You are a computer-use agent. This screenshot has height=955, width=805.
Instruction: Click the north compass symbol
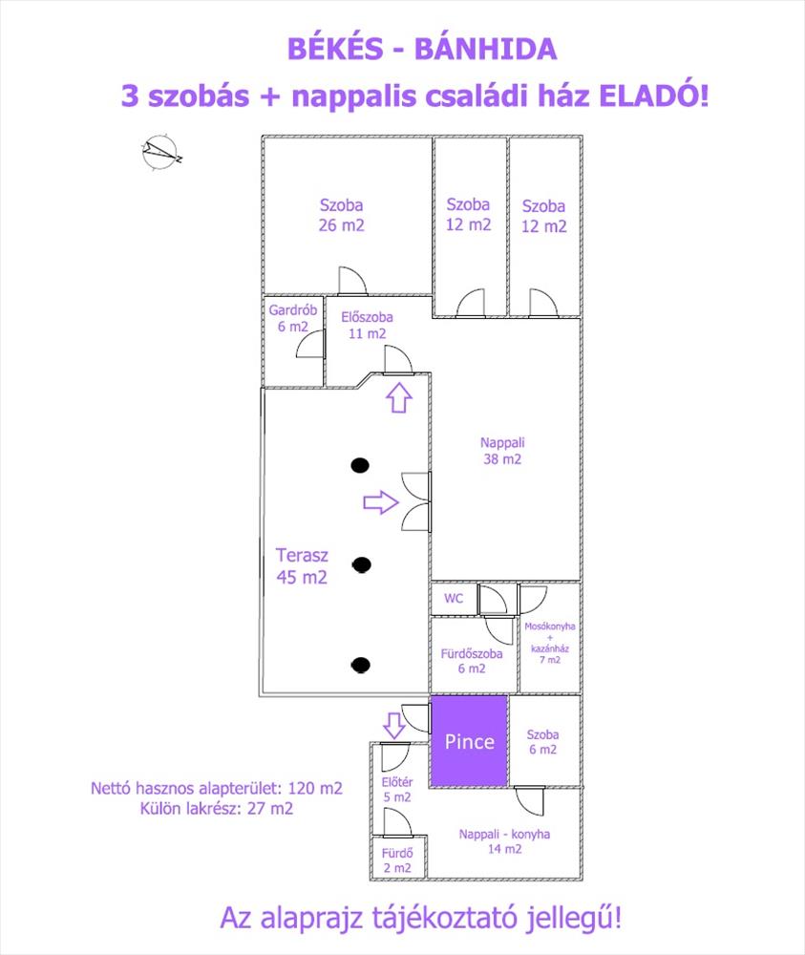[161, 152]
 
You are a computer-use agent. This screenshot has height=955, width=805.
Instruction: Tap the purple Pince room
[470, 741]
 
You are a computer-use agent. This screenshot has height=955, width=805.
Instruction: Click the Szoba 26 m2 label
[341, 215]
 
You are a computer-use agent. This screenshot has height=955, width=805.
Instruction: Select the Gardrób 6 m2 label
[293, 318]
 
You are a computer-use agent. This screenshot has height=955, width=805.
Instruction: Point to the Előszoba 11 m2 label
[367, 326]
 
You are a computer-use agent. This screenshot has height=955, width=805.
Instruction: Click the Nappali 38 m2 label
[502, 451]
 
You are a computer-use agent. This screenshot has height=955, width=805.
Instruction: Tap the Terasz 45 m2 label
[302, 565]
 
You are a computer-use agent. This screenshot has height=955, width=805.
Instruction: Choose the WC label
[454, 598]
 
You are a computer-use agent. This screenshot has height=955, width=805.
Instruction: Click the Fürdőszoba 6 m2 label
[472, 661]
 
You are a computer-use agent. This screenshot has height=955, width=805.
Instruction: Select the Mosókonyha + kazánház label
[550, 643]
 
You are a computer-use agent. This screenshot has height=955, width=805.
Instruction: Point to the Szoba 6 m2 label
[542, 742]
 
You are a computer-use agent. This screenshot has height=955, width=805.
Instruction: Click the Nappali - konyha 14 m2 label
[504, 841]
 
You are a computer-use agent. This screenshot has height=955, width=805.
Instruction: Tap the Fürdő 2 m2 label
[397, 860]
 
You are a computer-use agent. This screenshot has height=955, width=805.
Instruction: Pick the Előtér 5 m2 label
[397, 790]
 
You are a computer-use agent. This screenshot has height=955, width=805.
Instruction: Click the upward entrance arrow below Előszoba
[399, 397]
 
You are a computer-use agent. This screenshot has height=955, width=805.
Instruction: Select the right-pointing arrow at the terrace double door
[381, 502]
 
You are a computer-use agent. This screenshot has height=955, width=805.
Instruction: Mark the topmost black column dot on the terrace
[361, 465]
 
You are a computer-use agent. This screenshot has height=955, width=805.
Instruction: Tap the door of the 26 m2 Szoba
[352, 281]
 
